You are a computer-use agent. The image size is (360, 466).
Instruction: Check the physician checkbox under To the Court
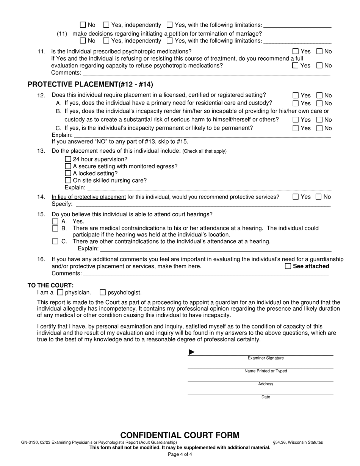pyautogui.click(x=60, y=292)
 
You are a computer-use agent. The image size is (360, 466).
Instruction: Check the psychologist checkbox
pyautogui.click(x=103, y=292)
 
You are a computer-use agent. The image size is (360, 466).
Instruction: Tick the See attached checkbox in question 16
pyautogui.click(x=288, y=266)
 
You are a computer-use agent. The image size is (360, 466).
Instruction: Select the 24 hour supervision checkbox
pyautogui.click(x=68, y=159)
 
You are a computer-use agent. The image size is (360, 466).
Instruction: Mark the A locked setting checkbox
pyautogui.click(x=68, y=174)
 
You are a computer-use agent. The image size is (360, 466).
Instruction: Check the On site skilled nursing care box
pyautogui.click(x=68, y=180)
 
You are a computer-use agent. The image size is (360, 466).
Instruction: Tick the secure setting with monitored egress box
pyautogui.click(x=68, y=166)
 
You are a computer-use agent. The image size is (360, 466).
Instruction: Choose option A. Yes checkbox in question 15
pyautogui.click(x=55, y=221)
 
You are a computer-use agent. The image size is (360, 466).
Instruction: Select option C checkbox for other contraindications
pyautogui.click(x=55, y=241)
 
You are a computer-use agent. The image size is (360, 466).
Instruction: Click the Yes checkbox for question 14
pyautogui.click(x=296, y=197)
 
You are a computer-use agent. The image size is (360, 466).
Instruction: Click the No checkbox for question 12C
pyautogui.click(x=319, y=128)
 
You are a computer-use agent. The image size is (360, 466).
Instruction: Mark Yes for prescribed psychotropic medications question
pyautogui.click(x=296, y=52)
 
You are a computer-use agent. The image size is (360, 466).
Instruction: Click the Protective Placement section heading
pyautogui.click(x=90, y=84)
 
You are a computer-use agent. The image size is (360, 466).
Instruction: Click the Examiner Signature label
pyautogui.click(x=266, y=358)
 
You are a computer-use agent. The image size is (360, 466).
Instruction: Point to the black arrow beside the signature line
pyautogui.click(x=192, y=352)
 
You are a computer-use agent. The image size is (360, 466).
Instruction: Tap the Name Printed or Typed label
pyautogui.click(x=266, y=371)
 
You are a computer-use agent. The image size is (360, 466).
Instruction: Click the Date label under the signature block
pyautogui.click(x=266, y=397)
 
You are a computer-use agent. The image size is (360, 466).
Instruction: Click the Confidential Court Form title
pyautogui.click(x=180, y=435)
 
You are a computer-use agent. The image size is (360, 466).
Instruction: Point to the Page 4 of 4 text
pyautogui.click(x=180, y=455)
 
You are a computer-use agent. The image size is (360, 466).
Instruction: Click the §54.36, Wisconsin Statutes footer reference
pyautogui.click(x=298, y=442)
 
